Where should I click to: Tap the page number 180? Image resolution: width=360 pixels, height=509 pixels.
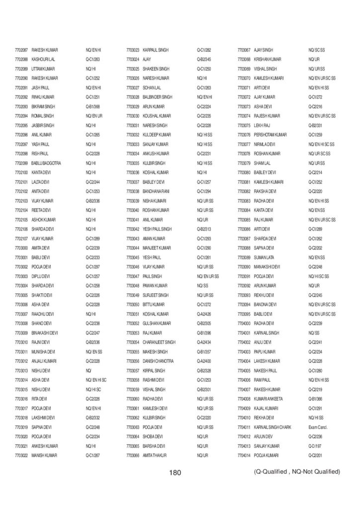click(175, 472)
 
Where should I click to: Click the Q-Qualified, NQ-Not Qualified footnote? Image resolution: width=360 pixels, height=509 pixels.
click(296, 471)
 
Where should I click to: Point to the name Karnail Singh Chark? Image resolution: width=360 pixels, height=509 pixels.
click(272, 427)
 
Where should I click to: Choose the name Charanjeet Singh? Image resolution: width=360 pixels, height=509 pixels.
click(159, 342)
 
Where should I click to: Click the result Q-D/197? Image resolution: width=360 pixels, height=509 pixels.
click(315, 446)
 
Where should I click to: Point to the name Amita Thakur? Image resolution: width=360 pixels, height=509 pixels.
click(154, 455)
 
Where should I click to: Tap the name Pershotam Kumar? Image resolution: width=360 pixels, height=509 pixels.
click(270, 135)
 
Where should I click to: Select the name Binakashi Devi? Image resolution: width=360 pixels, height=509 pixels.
click(45, 333)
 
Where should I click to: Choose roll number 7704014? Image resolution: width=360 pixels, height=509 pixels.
click(244, 455)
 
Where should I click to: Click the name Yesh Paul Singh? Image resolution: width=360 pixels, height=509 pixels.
click(157, 229)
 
